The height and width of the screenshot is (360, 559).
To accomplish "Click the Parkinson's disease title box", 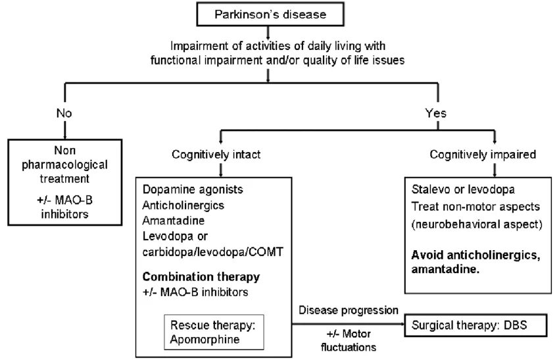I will click(x=268, y=13).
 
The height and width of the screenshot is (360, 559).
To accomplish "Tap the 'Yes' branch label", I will click(x=435, y=113).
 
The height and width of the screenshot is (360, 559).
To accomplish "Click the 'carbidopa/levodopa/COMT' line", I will click(x=203, y=251).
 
